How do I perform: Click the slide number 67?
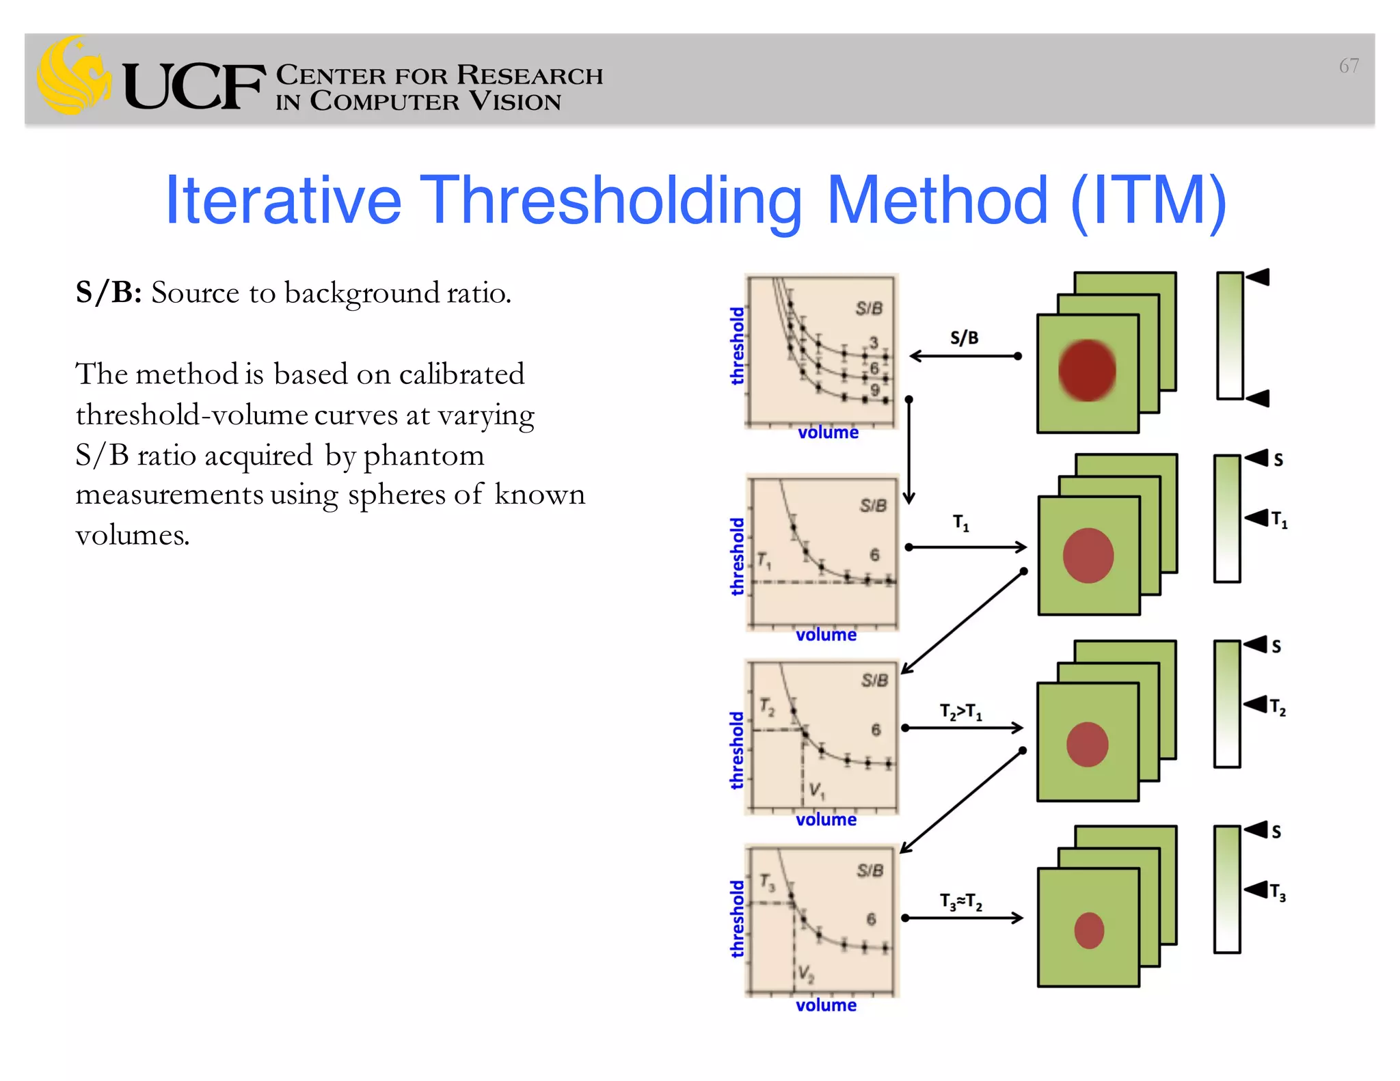[x=1348, y=66]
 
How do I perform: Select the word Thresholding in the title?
[x=611, y=201]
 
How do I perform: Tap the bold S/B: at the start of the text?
[x=109, y=293]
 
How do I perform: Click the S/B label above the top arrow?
[x=964, y=338]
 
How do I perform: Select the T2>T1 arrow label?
[x=960, y=712]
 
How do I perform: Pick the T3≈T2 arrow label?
[x=960, y=902]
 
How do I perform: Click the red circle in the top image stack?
[x=1086, y=370]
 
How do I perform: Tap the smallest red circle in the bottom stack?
[x=1088, y=930]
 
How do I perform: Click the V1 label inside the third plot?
[x=817, y=791]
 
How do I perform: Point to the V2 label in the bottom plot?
[x=806, y=973]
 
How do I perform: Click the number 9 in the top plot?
[x=874, y=389]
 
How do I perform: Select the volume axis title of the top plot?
[x=828, y=433]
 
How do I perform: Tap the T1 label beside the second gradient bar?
[x=1279, y=521]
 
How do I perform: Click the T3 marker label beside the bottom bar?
[x=1278, y=892]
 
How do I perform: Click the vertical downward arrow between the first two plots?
[x=908, y=451]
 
